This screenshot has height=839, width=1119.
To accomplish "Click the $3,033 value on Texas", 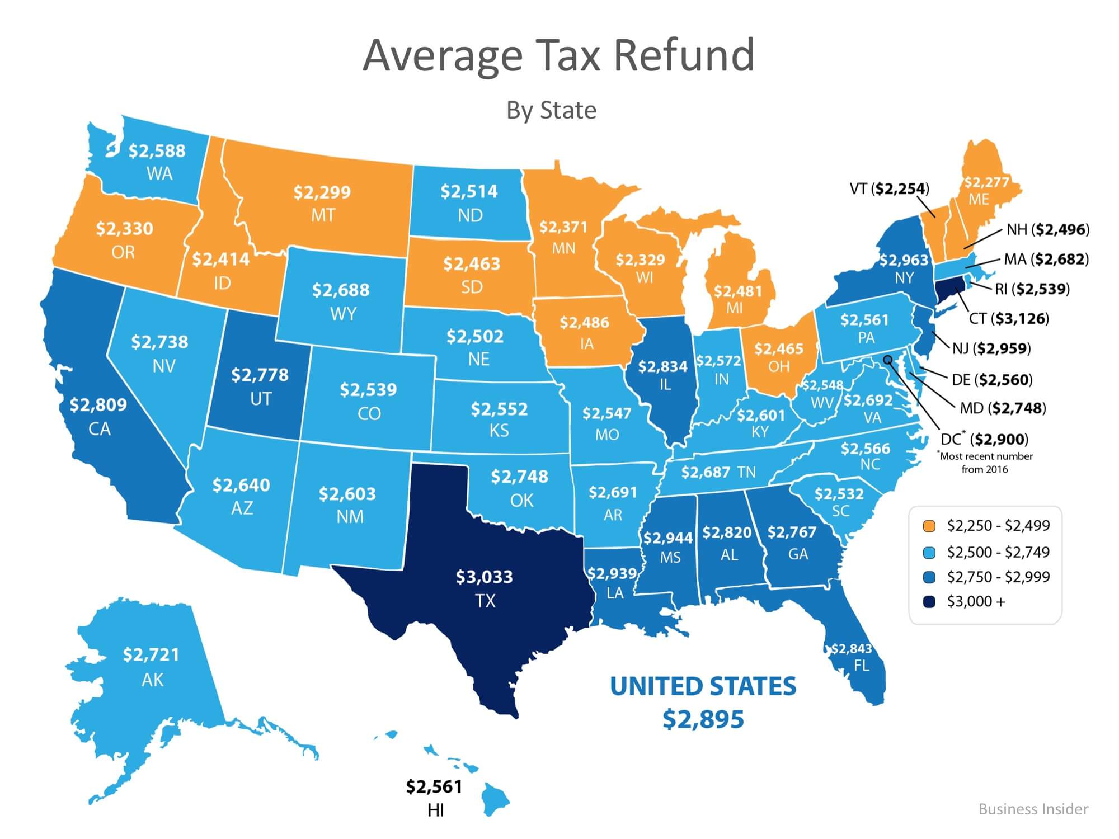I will click(484, 577).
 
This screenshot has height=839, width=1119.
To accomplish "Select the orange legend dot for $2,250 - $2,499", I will click(929, 526).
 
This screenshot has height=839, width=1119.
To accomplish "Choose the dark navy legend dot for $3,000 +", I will click(929, 602).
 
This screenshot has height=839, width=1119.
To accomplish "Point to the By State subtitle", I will click(551, 110).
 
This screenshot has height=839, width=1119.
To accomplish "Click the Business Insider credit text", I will click(1033, 809).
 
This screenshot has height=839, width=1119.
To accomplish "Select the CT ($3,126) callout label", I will click(1008, 319).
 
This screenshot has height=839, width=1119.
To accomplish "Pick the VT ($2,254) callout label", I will click(889, 189).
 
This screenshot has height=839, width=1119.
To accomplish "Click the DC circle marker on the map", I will click(887, 360).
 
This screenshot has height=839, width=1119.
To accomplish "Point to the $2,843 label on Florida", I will click(851, 649).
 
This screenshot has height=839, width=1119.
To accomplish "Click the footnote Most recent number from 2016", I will click(985, 463).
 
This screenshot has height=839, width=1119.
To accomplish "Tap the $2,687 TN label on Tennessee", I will click(718, 473).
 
